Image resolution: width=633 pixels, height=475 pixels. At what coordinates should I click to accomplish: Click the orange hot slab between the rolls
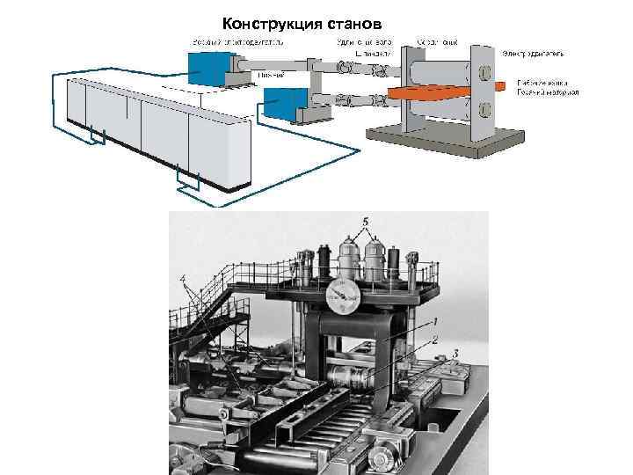pos(435,91)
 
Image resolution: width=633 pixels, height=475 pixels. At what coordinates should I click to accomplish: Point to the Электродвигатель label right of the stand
pos(534,53)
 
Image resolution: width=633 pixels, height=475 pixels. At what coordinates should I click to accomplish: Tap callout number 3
pos(455,354)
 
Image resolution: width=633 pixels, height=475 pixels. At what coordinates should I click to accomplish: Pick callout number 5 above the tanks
pos(365,220)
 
